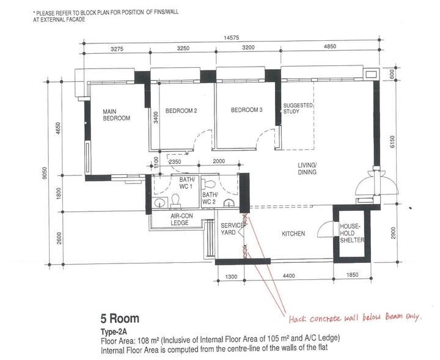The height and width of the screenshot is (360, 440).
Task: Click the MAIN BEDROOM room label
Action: tap(117, 115)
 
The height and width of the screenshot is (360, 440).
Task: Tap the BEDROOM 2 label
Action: tap(181, 111)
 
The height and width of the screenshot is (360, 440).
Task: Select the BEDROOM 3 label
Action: tap(247, 110)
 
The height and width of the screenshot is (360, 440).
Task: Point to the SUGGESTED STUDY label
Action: tap(298, 108)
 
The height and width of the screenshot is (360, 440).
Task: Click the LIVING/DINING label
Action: tap(307, 169)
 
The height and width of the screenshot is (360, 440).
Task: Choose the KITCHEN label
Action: tap(293, 233)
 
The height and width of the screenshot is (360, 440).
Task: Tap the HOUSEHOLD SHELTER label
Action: tap(352, 233)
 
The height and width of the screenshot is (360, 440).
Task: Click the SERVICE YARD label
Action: tap(232, 229)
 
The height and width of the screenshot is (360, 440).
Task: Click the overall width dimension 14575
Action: tap(232, 38)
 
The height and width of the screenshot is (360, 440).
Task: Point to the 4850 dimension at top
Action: tap(330, 46)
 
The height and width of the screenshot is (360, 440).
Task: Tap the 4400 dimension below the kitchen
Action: tap(288, 276)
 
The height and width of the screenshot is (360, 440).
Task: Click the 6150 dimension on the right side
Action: tap(392, 142)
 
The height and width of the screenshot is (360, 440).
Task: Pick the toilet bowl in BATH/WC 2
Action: tap(209, 185)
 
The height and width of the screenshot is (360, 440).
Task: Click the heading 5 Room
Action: tap(120, 318)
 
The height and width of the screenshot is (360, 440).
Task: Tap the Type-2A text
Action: tap(114, 332)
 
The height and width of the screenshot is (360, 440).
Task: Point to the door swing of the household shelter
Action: tap(324, 229)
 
